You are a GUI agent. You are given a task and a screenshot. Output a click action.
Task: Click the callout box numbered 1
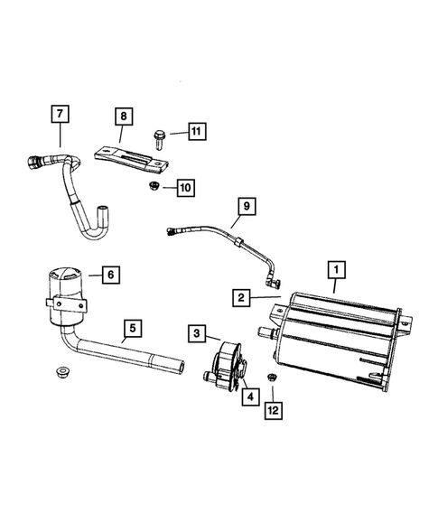point(335,269)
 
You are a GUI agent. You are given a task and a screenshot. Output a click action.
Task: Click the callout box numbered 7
point(60,115)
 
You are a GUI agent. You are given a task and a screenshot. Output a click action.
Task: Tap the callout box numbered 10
point(185,188)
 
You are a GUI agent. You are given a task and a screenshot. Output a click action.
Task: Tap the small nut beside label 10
point(154,187)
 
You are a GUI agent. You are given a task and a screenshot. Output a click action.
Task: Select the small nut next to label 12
point(270,377)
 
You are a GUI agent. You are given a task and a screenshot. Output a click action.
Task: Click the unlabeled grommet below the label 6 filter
point(62,372)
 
